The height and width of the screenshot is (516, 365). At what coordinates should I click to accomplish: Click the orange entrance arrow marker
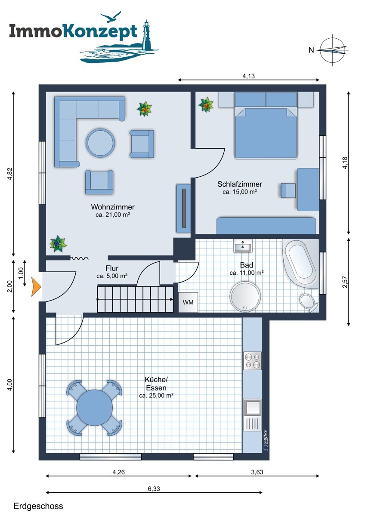(x=36, y=287)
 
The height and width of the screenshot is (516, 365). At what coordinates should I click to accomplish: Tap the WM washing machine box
(x=188, y=302)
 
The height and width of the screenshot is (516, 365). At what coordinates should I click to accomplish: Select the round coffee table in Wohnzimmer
(x=101, y=143)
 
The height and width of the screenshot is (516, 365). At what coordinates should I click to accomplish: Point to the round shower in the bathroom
(x=245, y=297)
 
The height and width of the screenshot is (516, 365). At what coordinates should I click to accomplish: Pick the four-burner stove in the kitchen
(x=253, y=361)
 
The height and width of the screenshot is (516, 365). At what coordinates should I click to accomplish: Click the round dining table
(x=95, y=408)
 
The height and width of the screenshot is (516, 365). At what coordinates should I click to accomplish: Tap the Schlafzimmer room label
(x=240, y=184)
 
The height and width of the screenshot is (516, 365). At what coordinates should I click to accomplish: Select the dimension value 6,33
(x=154, y=488)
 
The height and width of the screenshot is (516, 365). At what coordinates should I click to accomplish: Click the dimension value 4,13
(x=248, y=76)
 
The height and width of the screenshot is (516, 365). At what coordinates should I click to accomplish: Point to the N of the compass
(x=311, y=50)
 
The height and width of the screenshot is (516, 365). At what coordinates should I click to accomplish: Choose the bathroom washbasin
(x=243, y=246)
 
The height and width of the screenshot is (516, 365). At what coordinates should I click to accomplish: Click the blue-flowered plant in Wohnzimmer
(x=58, y=244)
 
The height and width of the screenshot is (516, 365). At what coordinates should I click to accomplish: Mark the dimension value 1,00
(x=21, y=273)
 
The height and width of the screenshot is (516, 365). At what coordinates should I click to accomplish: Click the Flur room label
(x=112, y=268)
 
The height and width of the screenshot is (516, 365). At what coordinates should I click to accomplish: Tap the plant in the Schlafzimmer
(x=206, y=104)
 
